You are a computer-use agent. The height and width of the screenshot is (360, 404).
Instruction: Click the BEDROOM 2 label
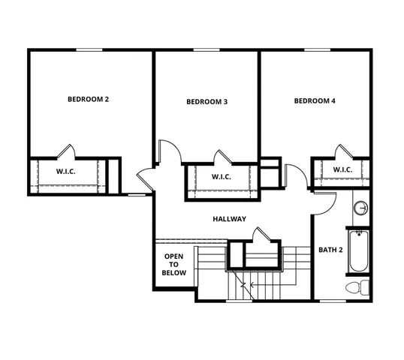click(x=89, y=99)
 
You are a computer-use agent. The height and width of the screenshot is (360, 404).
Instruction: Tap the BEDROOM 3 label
click(x=207, y=102)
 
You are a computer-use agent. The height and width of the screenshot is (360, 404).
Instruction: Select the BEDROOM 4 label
click(x=315, y=100)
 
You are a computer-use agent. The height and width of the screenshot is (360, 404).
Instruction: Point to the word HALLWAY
click(x=229, y=219)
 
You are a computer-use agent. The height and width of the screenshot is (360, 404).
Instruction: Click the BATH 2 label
click(x=330, y=250)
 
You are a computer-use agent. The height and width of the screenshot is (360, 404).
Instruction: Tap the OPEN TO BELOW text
click(x=174, y=265)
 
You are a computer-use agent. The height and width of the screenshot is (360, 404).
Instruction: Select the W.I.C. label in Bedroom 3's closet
click(x=221, y=177)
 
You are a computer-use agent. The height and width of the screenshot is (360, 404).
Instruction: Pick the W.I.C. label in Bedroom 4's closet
click(x=342, y=169)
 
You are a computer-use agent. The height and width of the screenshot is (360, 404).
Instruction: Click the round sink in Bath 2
click(x=360, y=208)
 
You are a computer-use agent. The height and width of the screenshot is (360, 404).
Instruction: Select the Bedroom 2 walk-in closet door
click(x=66, y=151)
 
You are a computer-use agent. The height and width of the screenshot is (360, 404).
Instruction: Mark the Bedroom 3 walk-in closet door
click(x=222, y=157)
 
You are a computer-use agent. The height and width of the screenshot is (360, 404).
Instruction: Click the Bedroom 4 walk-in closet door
click(x=343, y=151)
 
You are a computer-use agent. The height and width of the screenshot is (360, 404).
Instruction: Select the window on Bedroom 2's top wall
click(x=89, y=50)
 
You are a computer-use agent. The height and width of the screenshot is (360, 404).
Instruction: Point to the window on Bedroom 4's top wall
click(x=315, y=50)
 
